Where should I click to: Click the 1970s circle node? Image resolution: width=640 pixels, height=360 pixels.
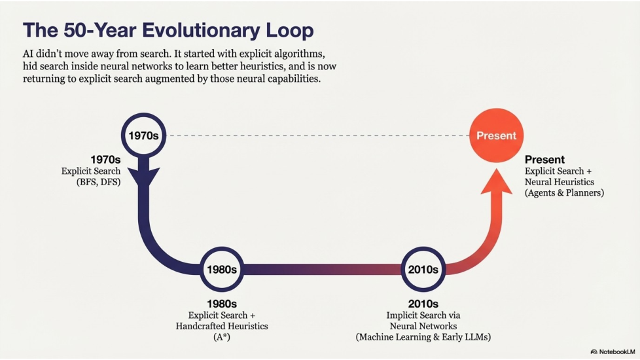coord(143,136)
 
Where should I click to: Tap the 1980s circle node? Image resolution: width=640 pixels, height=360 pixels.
coord(221,268)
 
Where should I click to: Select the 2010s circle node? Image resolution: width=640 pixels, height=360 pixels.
coord(423,268)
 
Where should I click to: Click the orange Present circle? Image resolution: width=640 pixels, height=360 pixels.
coord(496,135)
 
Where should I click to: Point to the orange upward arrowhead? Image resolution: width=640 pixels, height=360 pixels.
coord(496,189)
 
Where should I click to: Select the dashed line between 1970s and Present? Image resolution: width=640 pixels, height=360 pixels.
coord(314,136)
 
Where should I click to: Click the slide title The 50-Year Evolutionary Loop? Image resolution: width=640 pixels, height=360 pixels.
coord(168,30)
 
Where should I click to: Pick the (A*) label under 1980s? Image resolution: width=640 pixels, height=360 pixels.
coord(221,336)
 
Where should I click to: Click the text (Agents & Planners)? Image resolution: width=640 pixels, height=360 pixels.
coord(564,192)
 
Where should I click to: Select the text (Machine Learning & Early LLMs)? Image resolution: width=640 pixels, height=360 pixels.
coord(423,336)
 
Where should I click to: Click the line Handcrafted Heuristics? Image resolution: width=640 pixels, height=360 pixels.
coord(221,326)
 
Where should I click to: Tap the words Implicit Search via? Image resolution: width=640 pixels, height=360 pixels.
coord(423,315)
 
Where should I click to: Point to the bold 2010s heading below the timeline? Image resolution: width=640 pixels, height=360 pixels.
coord(423,304)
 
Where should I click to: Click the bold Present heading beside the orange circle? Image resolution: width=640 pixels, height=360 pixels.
coord(544,160)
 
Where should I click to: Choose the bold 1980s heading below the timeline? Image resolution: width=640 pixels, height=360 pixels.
coord(221,304)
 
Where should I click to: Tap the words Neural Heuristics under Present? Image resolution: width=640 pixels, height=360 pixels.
coord(559,182)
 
